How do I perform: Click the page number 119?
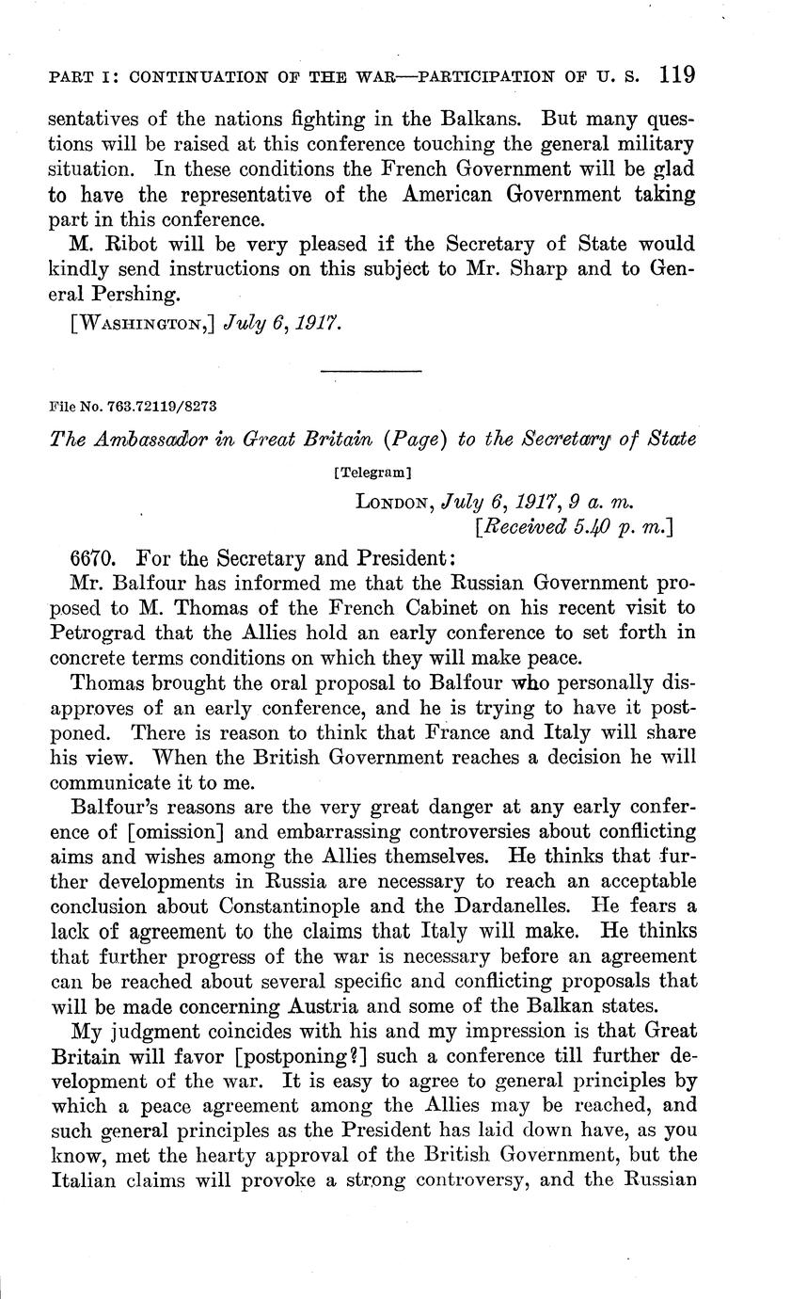click(676, 74)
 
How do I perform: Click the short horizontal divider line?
click(371, 371)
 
